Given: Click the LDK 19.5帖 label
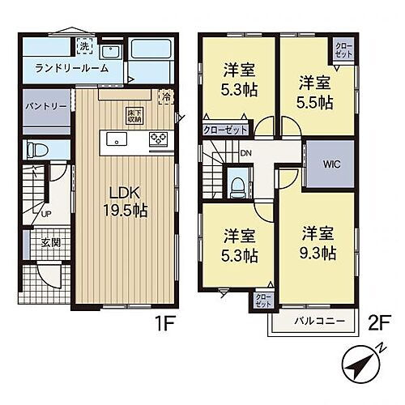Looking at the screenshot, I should [x=125, y=199].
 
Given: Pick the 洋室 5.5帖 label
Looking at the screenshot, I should [x=313, y=92].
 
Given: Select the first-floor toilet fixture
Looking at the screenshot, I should [x=34, y=149].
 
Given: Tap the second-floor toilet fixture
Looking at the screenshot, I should [x=237, y=186].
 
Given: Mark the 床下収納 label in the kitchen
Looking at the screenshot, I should [x=134, y=116].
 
